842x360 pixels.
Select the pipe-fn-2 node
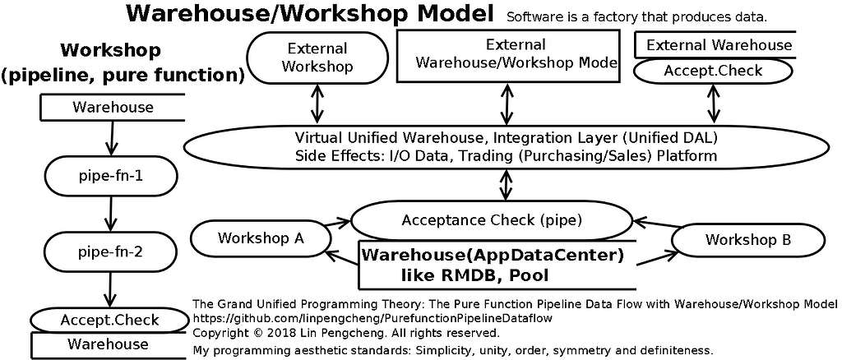110,251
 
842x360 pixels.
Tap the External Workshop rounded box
317,58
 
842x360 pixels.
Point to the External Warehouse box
715,45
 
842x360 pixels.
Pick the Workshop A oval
261,238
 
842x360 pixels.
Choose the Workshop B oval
747,240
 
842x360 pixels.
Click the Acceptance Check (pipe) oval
492,220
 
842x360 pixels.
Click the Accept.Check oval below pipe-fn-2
109,321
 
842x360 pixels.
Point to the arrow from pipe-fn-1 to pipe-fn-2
110,214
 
